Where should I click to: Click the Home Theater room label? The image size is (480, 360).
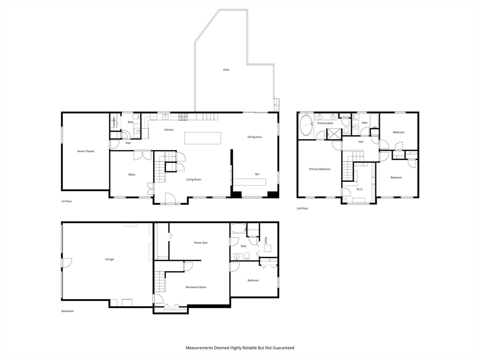click(86, 151)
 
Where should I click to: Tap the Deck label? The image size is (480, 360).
click(226, 70)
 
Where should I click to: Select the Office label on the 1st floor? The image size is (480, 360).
click(132, 175)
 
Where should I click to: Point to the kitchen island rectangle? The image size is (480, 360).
click(202, 138)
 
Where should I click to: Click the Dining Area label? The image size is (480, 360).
click(255, 137)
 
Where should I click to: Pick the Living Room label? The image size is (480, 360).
click(194, 180)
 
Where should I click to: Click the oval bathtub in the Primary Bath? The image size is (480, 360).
click(306, 126)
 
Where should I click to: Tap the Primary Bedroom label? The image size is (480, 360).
click(320, 169)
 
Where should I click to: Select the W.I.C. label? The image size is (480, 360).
click(360, 189)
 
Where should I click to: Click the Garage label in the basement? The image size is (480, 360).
click(110, 259)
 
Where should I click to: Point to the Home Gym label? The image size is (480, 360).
click(201, 243)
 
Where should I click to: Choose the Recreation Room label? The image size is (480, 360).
click(196, 287)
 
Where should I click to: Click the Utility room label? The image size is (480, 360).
click(266, 240)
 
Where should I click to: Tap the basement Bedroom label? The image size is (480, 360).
click(253, 280)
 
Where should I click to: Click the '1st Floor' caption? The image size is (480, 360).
click(67, 202)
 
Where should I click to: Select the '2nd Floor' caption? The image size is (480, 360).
click(302, 209)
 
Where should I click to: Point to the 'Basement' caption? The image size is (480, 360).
click(67, 311)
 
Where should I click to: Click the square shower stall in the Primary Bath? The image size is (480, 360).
click(332, 134)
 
